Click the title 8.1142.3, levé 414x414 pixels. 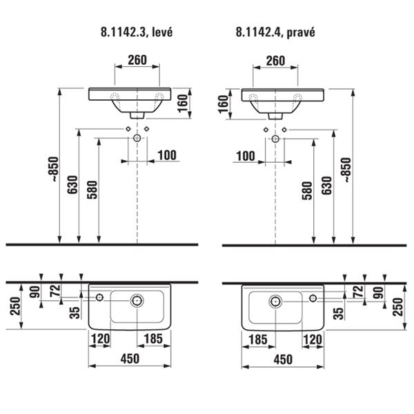pyautogui.click(x=137, y=32)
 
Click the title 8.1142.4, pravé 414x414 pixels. pyautogui.click(x=275, y=32)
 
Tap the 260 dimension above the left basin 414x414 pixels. pyautogui.click(x=137, y=60)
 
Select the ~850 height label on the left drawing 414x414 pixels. pyautogui.click(x=55, y=169)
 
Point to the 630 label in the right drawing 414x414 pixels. pyautogui.click(x=326, y=186)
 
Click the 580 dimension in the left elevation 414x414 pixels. pyautogui.click(x=92, y=190)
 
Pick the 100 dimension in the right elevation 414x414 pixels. pyautogui.click(x=246, y=156)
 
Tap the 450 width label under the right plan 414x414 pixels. pyautogui.click(x=283, y=359)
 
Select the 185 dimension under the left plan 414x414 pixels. pyautogui.click(x=154, y=339)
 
